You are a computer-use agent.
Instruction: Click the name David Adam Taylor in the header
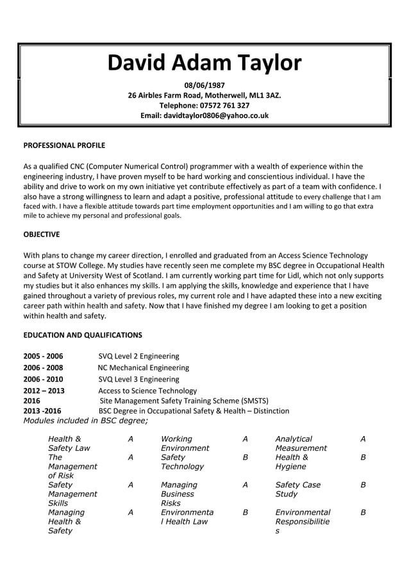[x=204, y=63]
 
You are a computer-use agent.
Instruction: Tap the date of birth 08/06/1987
[x=204, y=85]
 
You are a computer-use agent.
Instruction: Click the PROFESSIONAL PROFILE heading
[x=64, y=146]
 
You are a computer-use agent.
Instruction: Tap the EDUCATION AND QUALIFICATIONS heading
[x=83, y=335]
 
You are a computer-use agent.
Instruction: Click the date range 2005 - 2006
[x=43, y=356]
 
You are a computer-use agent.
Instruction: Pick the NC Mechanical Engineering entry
[x=143, y=367]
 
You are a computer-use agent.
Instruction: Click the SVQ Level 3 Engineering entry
[x=138, y=379]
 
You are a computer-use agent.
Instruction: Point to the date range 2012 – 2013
[x=44, y=390]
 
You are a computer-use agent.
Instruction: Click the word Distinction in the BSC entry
[x=269, y=410]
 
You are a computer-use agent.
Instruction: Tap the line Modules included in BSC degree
[x=85, y=421]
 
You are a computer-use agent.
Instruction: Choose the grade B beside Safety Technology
[x=245, y=458]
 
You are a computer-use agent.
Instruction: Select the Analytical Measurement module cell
[x=301, y=443]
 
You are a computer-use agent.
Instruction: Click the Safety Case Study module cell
[x=297, y=489]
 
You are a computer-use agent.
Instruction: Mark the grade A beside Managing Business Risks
[x=245, y=485]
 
